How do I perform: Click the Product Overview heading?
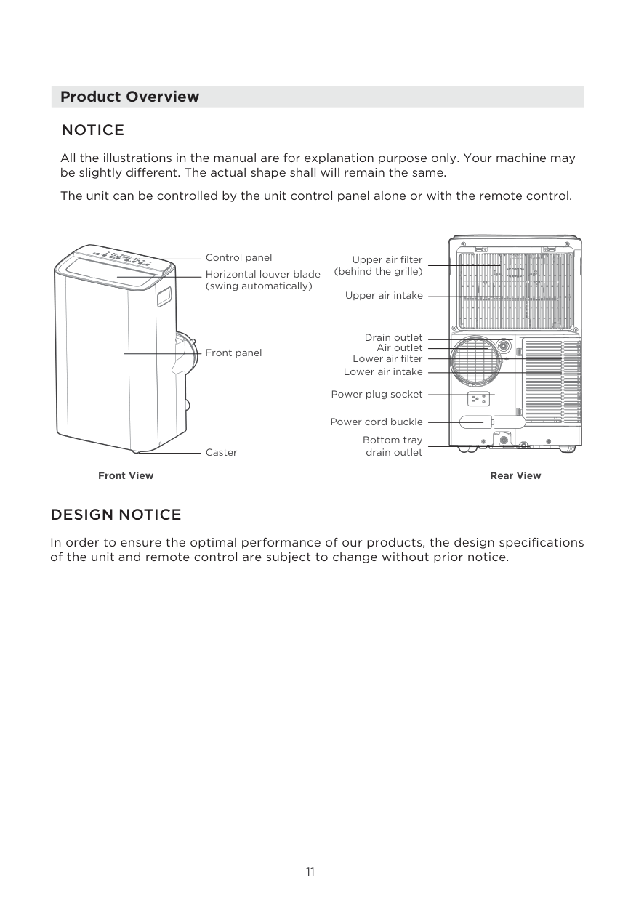pyautogui.click(x=129, y=97)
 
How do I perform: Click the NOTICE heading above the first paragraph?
pyautogui.click(x=93, y=130)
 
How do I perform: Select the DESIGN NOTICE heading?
pyautogui.click(x=116, y=515)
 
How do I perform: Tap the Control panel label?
pyautogui.click(x=238, y=257)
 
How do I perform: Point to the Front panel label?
pyautogui.click(x=233, y=353)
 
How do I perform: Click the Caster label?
pyautogui.click(x=221, y=452)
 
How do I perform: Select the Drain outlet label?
pyautogui.click(x=393, y=337)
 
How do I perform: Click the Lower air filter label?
pyautogui.click(x=387, y=358)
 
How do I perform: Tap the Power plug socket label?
pyautogui.click(x=377, y=394)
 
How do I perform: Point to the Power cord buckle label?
pyautogui.click(x=376, y=422)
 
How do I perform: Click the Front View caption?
pyautogui.click(x=126, y=475)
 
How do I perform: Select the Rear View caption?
pyautogui.click(x=515, y=475)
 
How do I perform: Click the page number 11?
pyautogui.click(x=310, y=871)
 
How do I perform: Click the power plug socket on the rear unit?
pyautogui.click(x=478, y=398)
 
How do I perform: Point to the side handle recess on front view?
pyautogui.click(x=164, y=296)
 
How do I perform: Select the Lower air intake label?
pyautogui.click(x=382, y=371)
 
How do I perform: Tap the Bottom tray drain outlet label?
pyautogui.click(x=393, y=446)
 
